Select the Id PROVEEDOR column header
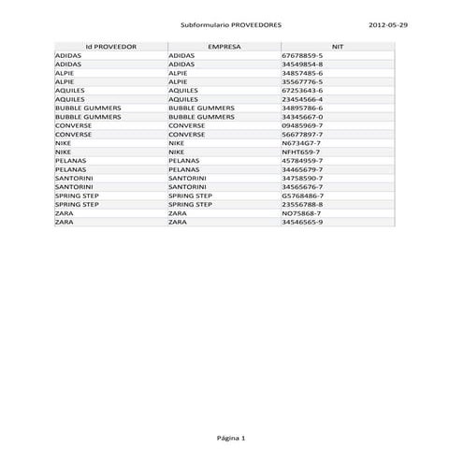110,45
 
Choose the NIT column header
338,45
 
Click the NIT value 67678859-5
302,56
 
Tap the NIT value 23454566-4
302,99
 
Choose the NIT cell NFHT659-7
301,152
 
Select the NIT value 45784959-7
302,161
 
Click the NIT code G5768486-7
302,195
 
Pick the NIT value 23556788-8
302,204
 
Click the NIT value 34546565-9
302,222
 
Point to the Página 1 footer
230,438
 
